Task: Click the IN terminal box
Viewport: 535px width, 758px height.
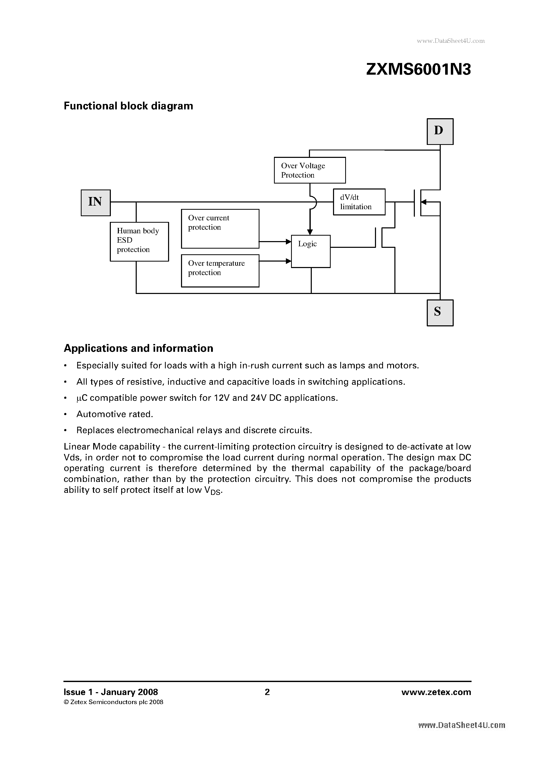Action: pyautogui.click(x=96, y=203)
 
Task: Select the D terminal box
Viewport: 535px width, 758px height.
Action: pyautogui.click(x=440, y=131)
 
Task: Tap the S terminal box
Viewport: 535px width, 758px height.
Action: pyautogui.click(x=440, y=313)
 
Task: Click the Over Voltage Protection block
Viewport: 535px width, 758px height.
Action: pyautogui.click(x=310, y=170)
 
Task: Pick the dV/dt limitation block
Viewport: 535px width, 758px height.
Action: pyautogui.click(x=359, y=202)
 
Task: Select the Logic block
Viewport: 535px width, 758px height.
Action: pyautogui.click(x=310, y=251)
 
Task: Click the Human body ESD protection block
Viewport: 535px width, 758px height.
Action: pyautogui.click(x=139, y=241)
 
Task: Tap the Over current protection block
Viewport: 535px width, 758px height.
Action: pyautogui.click(x=220, y=228)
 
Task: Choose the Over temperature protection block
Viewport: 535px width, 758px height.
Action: pyautogui.click(x=220, y=270)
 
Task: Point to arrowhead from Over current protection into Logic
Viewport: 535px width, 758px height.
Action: pyautogui.click(x=289, y=242)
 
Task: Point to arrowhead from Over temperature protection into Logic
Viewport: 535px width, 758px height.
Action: pyautogui.click(x=289, y=261)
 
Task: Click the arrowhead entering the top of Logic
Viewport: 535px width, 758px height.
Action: pyautogui.click(x=310, y=232)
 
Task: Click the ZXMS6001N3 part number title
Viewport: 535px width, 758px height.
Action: pyautogui.click(x=418, y=70)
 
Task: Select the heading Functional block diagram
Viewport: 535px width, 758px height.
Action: pyautogui.click(x=128, y=106)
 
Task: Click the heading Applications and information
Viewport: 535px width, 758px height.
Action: pyautogui.click(x=138, y=348)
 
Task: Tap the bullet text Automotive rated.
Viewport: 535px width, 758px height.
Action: pyautogui.click(x=114, y=414)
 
